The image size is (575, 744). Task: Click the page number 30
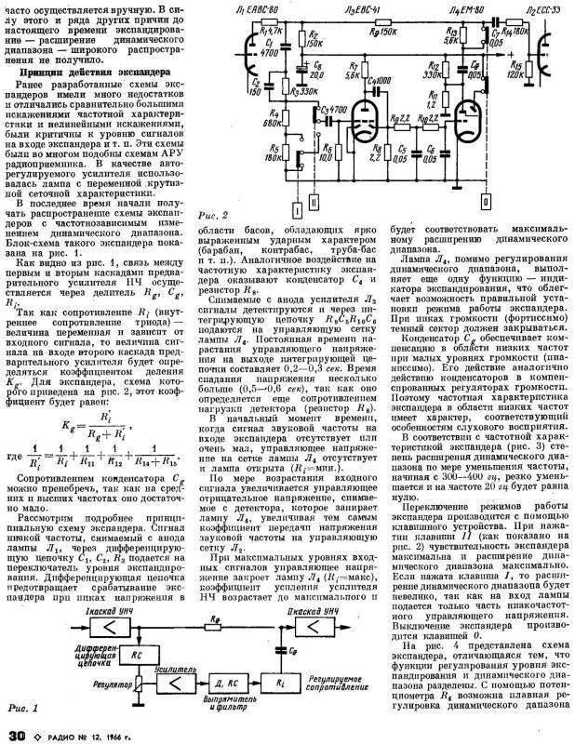(15, 735)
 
